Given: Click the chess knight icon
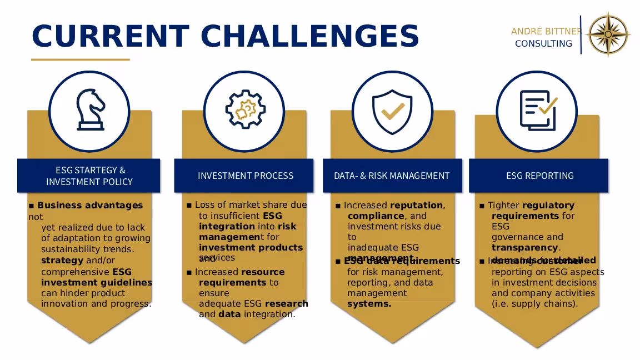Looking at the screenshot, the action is tap(89, 110).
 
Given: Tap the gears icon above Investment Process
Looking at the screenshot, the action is tap(245, 109).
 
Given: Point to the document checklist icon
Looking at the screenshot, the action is tap(537, 110).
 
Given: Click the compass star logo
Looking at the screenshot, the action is tap(609, 34).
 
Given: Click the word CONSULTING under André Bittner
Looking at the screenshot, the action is tap(543, 44).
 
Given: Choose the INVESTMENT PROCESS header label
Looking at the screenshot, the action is tap(246, 176).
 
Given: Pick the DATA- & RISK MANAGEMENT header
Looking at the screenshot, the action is tap(392, 176).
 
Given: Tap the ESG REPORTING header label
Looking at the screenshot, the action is tap(539, 176).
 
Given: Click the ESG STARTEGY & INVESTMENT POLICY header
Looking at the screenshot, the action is tap(89, 176).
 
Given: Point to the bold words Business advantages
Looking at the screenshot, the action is tap(90, 206).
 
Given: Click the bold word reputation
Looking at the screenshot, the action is tap(417, 206).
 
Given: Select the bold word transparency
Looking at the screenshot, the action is tap(525, 248).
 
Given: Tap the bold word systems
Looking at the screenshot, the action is tap(369, 304).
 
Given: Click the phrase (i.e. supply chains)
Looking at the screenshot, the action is tap(535, 304).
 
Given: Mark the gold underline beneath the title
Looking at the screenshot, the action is tap(81, 59).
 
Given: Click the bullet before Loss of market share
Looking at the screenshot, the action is tap(189, 206).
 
